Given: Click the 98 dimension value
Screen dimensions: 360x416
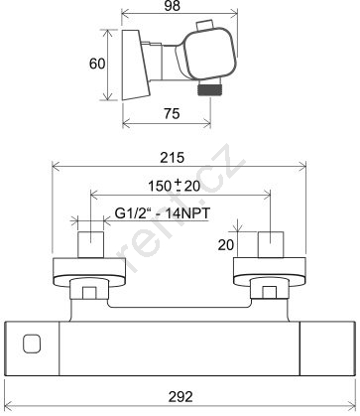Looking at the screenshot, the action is tap(172, 6).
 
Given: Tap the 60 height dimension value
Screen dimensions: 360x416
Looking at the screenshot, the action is tap(97, 64).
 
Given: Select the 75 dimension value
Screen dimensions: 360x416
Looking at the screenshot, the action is tap(172, 113).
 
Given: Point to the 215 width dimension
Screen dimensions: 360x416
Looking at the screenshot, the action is tap(172, 158).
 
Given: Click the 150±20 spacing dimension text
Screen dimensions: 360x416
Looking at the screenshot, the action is tap(175, 186).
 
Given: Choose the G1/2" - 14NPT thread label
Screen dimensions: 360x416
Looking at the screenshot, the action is tap(163, 213).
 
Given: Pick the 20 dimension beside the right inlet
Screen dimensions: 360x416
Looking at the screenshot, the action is tap(226, 245).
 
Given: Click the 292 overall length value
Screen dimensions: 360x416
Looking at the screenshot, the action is tap(180, 396).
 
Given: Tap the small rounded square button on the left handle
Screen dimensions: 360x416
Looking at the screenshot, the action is tap(32, 344).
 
